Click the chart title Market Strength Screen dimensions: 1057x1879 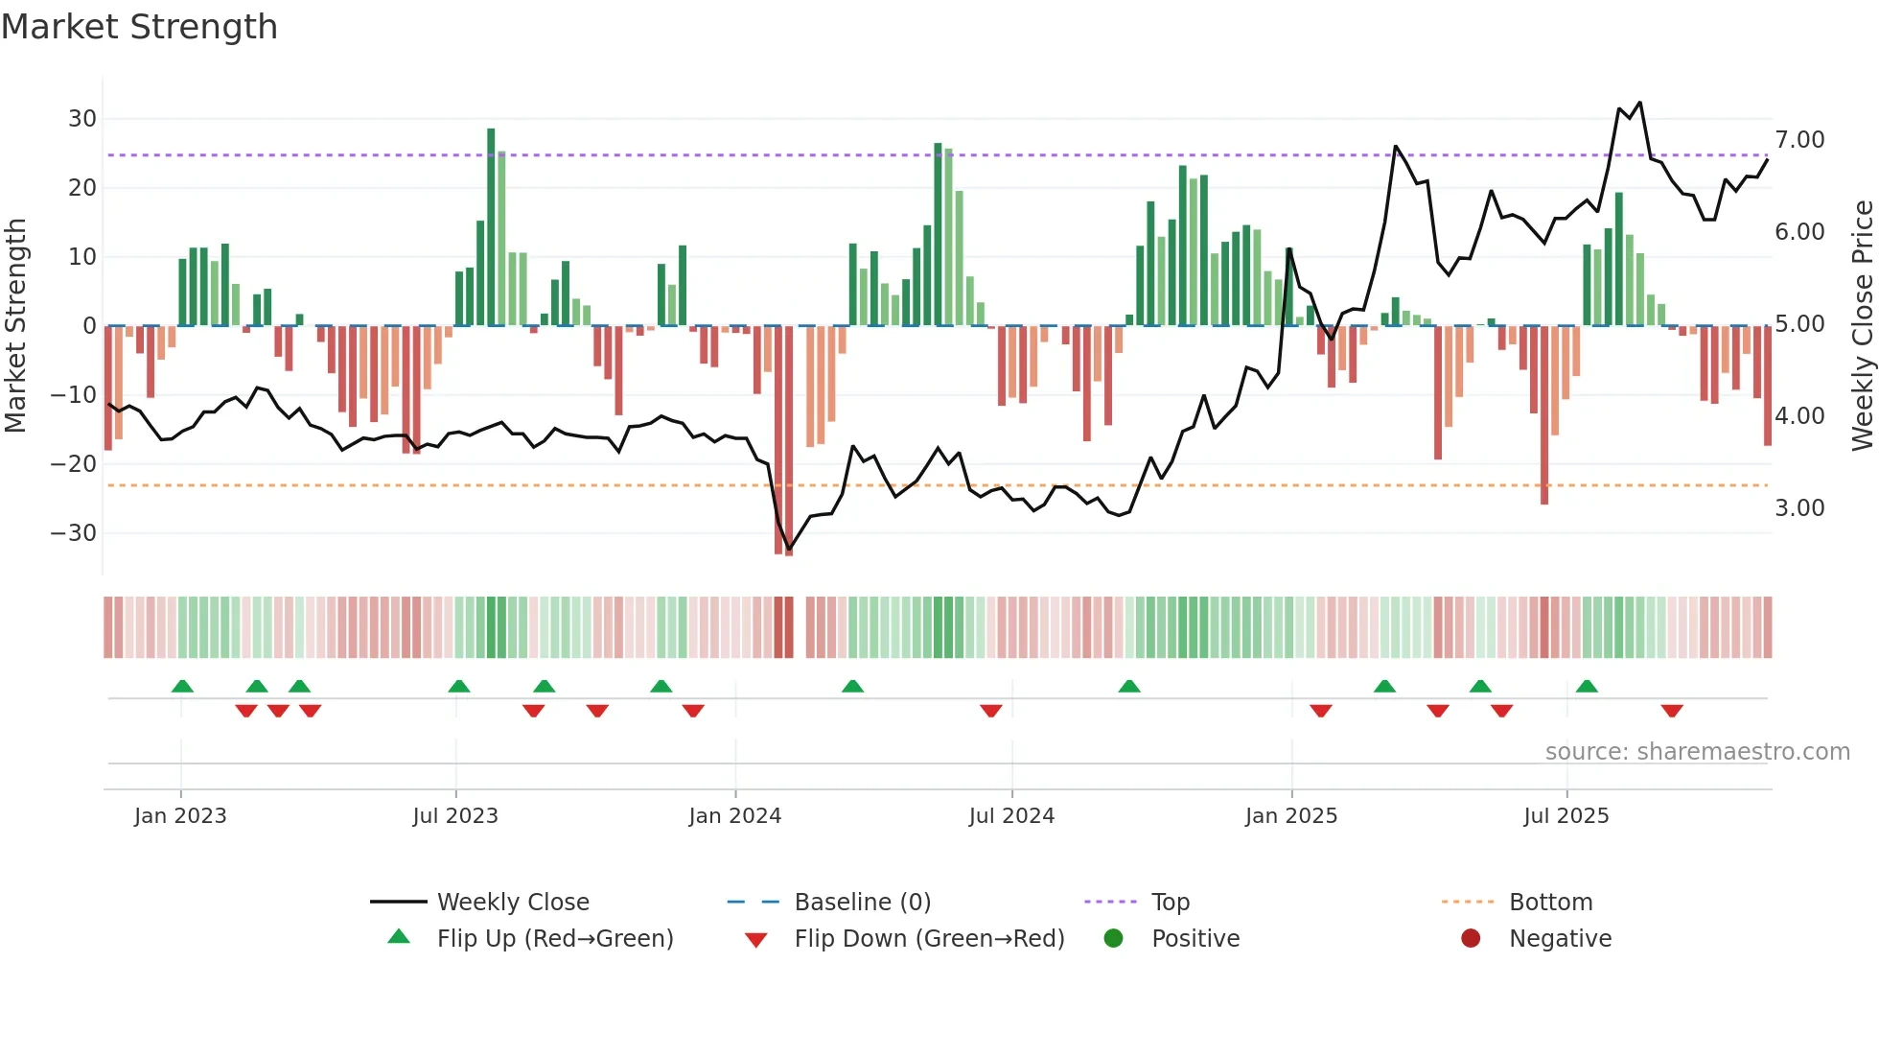pyautogui.click(x=139, y=27)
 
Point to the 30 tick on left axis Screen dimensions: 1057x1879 pyautogui.click(x=82, y=119)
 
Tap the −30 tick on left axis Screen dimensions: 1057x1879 pyautogui.click(x=74, y=533)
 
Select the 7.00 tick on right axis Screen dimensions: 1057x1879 pyautogui.click(x=1799, y=140)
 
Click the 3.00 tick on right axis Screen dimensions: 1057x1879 pyautogui.click(x=1799, y=508)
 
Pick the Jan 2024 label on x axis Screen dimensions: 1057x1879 pyautogui.click(x=734, y=816)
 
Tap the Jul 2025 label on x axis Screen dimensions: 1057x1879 pyautogui.click(x=1566, y=816)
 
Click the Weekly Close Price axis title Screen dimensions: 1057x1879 pyautogui.click(x=1862, y=326)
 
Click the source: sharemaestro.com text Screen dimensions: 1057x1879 pyautogui.click(x=1697, y=752)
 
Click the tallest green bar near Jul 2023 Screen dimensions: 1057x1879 pyautogui.click(x=491, y=226)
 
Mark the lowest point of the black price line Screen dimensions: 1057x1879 pyautogui.click(x=789, y=550)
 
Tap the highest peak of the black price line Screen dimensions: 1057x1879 pyautogui.click(x=1640, y=103)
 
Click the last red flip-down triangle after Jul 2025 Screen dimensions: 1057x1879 pyautogui.click(x=1672, y=711)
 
